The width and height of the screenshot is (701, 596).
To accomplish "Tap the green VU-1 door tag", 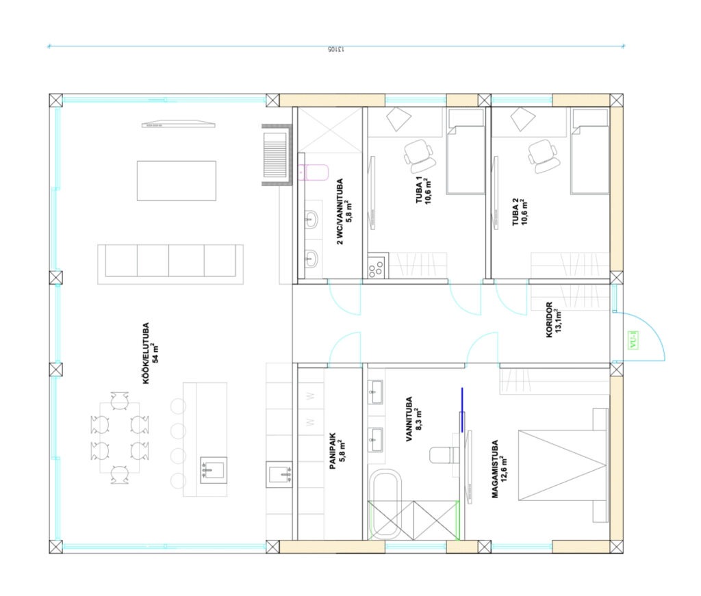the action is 633,340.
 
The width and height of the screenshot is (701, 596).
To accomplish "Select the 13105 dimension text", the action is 335,49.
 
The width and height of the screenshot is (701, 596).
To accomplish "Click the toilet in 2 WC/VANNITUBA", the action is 314,172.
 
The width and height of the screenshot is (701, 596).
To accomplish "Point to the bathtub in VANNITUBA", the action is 386,504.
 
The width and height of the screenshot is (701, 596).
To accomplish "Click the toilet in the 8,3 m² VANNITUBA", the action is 444,455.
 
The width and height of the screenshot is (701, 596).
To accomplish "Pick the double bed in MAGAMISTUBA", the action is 563,465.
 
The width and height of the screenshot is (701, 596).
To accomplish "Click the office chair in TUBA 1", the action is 420,155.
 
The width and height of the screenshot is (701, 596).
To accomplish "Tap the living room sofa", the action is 170,264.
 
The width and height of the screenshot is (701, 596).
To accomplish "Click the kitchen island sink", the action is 214,469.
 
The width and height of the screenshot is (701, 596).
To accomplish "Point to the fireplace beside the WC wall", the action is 277,155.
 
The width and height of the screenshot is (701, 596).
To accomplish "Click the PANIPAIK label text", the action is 333,451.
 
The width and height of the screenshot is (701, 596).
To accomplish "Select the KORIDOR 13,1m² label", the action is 553,320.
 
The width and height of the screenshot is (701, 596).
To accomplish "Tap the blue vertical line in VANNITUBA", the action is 462,410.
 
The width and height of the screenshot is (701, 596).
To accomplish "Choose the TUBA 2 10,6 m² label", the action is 520,211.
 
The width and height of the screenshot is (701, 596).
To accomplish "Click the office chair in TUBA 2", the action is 543,155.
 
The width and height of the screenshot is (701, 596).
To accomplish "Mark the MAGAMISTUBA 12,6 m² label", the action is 499,469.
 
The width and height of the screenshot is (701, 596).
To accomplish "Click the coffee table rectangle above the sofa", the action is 177,181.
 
